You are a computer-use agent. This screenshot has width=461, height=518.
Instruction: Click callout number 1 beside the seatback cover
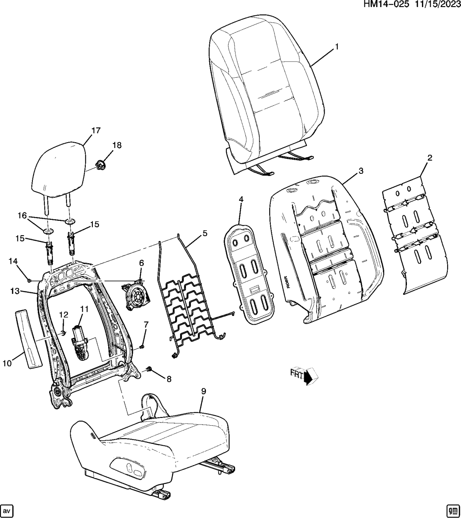(337, 47)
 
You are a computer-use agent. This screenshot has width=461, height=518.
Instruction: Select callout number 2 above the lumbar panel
(430, 158)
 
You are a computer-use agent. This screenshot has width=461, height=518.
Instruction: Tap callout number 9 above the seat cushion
(203, 391)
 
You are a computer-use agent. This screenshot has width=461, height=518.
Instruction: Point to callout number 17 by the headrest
(96, 131)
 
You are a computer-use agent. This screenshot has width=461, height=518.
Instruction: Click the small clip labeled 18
(100, 165)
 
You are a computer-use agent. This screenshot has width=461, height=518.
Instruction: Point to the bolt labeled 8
(150, 369)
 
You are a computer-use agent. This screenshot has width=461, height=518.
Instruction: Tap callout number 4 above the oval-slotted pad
(240, 200)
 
